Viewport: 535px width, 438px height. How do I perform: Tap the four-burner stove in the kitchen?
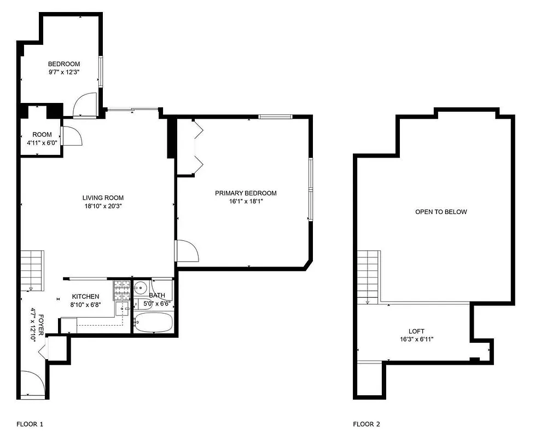pos(121,290)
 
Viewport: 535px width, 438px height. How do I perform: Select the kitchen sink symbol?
pos(124,309)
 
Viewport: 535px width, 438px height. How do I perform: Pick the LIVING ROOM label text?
pos(103,198)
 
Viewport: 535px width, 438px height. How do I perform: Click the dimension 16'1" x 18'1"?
pos(245,201)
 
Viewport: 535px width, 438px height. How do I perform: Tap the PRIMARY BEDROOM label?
pos(245,193)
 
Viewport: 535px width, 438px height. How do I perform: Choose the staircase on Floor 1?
pos(32,270)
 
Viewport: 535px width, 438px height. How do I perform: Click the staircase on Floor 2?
pos(369,276)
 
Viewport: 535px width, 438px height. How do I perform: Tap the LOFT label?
pos(416,331)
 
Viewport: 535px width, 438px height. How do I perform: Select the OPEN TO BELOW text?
pos(441,212)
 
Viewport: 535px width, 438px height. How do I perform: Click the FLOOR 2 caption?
pos(366,424)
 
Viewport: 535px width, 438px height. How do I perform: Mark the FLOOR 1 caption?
pos(30,424)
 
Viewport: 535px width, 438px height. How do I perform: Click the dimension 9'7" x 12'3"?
pos(64,72)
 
